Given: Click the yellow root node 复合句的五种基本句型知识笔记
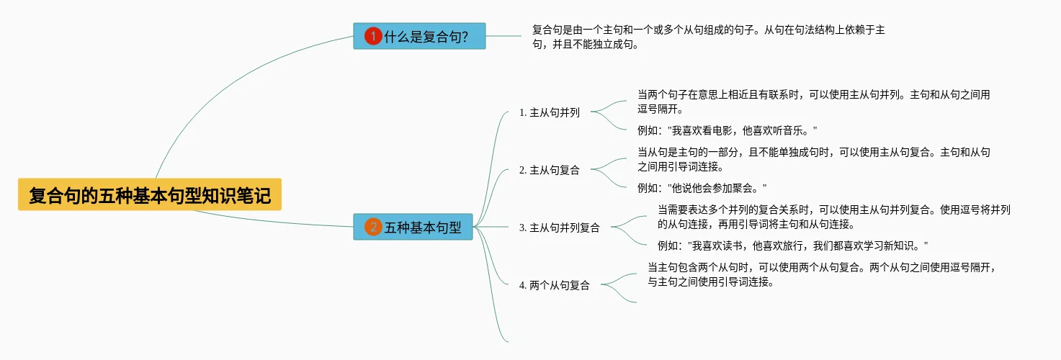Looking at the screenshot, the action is (x=150, y=194).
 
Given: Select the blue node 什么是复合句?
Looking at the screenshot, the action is (x=419, y=36).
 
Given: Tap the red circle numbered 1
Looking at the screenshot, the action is (x=373, y=36).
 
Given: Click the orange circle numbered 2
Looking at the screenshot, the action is (x=373, y=228).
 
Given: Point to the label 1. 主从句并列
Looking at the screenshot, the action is (x=549, y=113).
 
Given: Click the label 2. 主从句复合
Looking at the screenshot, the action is (x=549, y=171).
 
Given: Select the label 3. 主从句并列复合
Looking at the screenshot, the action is (x=559, y=228).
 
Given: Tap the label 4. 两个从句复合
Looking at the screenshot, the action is (x=554, y=286).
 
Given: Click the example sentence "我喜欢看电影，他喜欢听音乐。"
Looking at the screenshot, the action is (x=728, y=130).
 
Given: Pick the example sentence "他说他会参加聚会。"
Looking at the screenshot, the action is (x=702, y=188).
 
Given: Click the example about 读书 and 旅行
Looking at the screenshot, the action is (x=793, y=245).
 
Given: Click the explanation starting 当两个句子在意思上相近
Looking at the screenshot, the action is (x=813, y=102).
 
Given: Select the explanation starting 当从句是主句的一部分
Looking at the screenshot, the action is (x=814, y=159).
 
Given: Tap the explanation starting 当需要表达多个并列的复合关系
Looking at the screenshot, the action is (x=833, y=217).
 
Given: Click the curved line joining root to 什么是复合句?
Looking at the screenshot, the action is (x=216, y=86).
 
